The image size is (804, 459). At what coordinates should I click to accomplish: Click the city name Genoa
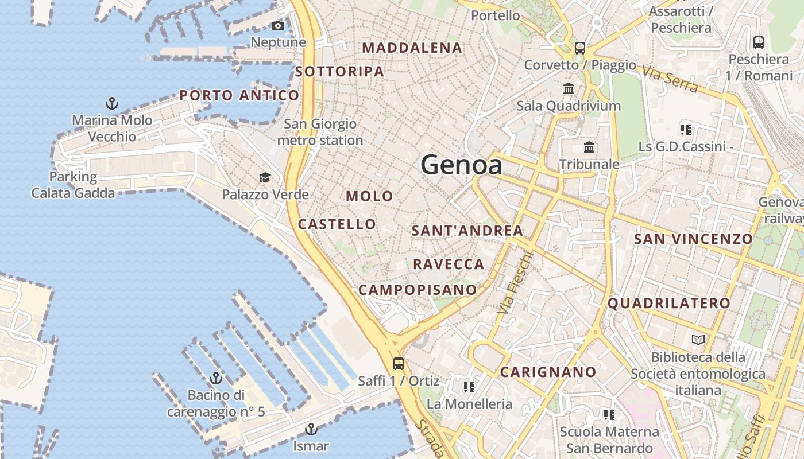click(x=462, y=165)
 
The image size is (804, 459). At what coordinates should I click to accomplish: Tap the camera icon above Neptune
click(x=278, y=26)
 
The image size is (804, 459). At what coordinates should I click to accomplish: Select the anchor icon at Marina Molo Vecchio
click(x=112, y=103)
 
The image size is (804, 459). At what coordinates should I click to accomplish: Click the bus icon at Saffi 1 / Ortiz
click(x=398, y=363)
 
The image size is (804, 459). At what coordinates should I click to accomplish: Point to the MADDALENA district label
click(x=412, y=48)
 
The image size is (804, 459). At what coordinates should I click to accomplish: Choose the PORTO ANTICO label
click(x=239, y=95)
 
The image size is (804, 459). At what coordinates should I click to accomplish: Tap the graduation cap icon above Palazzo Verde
click(x=265, y=177)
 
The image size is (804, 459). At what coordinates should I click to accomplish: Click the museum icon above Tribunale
click(x=589, y=147)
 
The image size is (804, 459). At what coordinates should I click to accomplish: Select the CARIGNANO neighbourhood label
click(x=548, y=372)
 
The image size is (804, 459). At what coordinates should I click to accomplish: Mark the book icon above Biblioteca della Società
click(x=698, y=340)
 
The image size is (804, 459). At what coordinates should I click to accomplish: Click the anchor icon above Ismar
click(x=311, y=429)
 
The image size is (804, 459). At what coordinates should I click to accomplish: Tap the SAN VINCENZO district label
click(x=693, y=239)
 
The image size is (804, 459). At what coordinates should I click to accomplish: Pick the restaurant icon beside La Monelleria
click(x=469, y=387)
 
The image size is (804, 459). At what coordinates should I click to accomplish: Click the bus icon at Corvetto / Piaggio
click(x=580, y=48)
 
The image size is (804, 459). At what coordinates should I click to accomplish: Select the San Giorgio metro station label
click(x=320, y=132)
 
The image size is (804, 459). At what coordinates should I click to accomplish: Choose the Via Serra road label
click(x=670, y=80)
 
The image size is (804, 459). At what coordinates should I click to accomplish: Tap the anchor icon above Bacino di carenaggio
click(x=216, y=378)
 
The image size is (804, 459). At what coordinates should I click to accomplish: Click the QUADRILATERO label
click(x=669, y=304)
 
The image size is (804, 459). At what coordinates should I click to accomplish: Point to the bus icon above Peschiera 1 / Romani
click(x=759, y=42)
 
